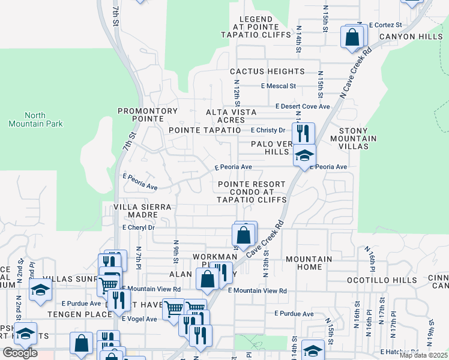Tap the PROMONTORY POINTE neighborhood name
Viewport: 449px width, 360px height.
tap(148, 111)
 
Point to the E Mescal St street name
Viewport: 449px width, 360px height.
tap(279, 86)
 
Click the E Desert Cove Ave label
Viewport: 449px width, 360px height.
tap(303, 106)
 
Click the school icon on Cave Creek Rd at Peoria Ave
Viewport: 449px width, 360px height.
tap(304, 156)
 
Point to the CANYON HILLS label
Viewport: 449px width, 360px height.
tap(411, 37)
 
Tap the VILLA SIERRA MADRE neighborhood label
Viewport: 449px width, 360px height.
tap(143, 211)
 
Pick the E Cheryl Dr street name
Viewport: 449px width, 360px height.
tap(138, 228)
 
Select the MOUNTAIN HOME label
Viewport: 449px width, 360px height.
tap(309, 263)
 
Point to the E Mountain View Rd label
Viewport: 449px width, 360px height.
tap(258, 290)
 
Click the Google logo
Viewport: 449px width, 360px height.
tap(20, 353)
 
